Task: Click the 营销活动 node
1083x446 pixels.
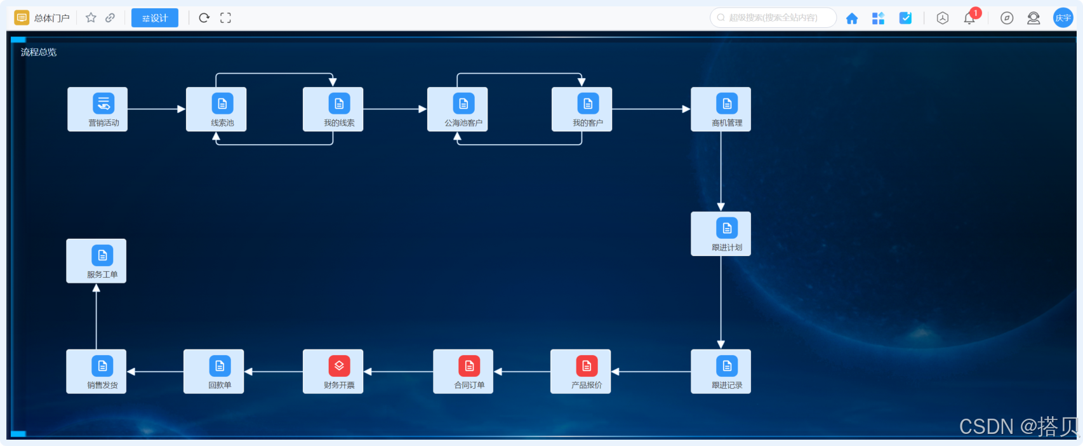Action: [97, 109]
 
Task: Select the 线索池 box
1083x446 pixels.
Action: [216, 109]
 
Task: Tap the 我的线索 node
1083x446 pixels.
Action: [333, 109]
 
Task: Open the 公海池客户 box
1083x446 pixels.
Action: [457, 109]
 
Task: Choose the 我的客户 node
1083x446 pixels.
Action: [581, 109]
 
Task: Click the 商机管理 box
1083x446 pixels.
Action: [721, 109]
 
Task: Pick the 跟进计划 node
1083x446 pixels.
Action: [721, 234]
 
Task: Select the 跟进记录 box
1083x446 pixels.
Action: [721, 372]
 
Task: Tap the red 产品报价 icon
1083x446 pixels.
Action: [587, 366]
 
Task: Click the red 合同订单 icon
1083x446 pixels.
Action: [469, 366]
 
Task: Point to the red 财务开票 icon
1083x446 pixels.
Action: [339, 366]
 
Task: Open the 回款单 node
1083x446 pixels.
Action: [213, 372]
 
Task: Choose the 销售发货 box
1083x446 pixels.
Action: [96, 372]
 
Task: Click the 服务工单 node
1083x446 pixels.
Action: [96, 261]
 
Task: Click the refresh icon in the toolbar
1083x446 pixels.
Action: [204, 18]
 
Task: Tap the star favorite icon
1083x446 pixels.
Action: [91, 18]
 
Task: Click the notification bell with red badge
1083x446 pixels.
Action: [969, 18]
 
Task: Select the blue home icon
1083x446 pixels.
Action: [852, 18]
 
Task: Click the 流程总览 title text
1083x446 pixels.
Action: [39, 52]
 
